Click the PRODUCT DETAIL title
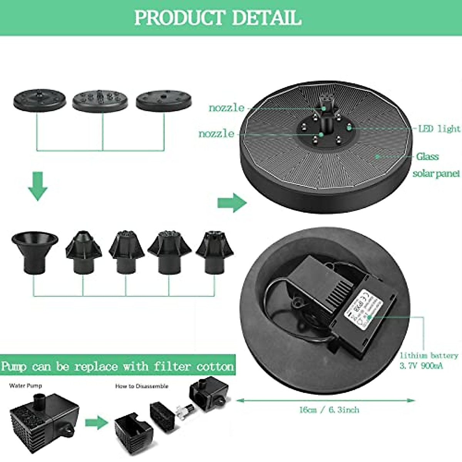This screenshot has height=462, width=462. tap(218, 18)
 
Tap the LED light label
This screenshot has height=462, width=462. tap(439, 129)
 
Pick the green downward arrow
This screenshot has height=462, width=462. tap(38, 187)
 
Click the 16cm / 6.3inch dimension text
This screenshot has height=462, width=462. tap(329, 410)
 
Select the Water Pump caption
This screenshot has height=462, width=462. tap(25, 385)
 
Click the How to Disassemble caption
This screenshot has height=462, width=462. tap(142, 386)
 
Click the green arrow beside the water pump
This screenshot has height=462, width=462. tap(96, 422)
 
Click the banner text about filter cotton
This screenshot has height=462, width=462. tap(117, 366)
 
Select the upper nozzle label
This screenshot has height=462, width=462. tap(226, 108)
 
